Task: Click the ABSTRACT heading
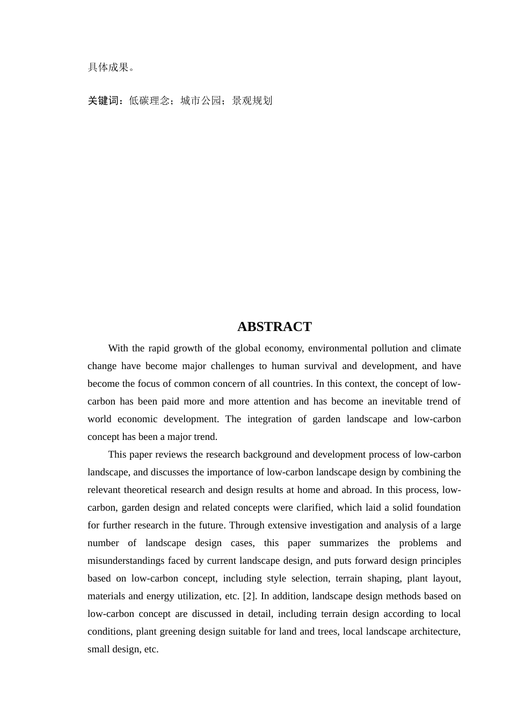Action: (274, 327)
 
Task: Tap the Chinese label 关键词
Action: (103, 101)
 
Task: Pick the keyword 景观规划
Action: (252, 101)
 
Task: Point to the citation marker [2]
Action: (249, 596)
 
